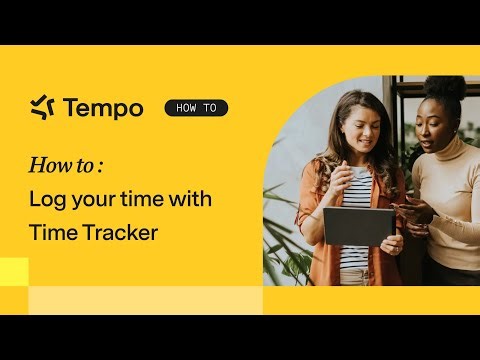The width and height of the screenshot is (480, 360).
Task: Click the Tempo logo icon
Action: point(42,107)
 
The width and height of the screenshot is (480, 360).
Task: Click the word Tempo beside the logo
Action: point(102,108)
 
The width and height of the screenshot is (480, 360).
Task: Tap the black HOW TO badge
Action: point(196,108)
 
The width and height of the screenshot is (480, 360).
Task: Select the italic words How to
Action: point(62,165)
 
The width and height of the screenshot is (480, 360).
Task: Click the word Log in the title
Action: point(47,199)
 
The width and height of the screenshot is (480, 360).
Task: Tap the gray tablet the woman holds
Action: point(358,225)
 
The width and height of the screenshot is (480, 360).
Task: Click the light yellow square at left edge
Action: point(14,271)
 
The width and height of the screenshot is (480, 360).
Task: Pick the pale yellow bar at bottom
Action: point(145,300)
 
